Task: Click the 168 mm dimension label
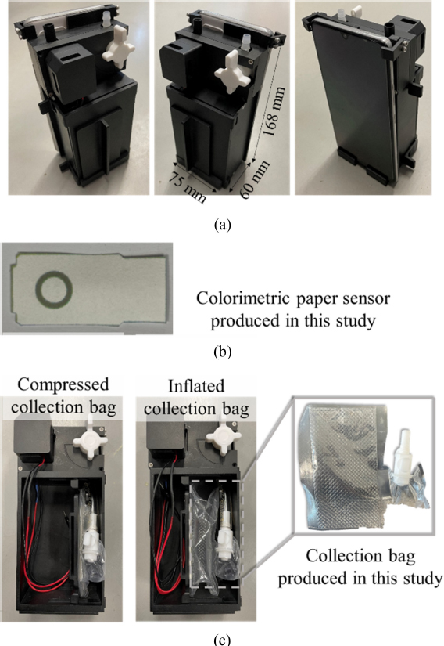[274, 111]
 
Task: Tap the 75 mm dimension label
[188, 186]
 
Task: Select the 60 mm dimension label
[255, 179]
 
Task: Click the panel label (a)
[223, 225]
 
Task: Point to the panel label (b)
[223, 352]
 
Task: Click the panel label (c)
[223, 640]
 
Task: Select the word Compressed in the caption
[63, 384]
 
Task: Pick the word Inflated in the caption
[196, 386]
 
